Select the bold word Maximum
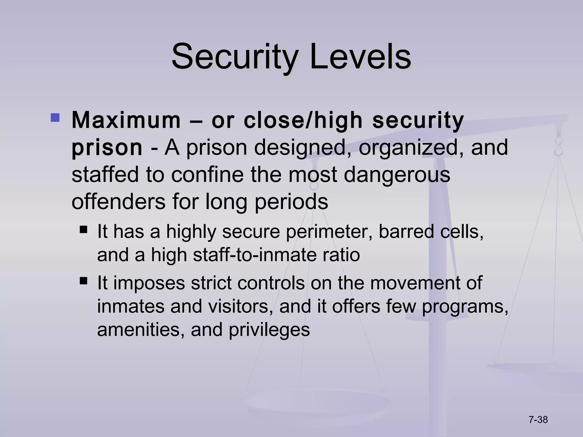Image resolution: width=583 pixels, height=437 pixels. (x=126, y=120)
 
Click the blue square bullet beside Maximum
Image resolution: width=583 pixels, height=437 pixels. (x=55, y=118)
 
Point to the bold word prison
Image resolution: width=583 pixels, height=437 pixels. (x=107, y=148)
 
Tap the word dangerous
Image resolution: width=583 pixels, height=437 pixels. (x=397, y=174)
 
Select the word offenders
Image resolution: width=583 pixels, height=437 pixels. (x=118, y=201)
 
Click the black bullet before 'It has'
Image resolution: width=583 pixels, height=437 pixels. (x=83, y=229)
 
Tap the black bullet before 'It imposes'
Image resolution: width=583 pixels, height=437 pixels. (x=83, y=281)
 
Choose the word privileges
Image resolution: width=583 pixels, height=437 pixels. (x=269, y=330)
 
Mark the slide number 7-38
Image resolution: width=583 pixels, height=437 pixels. (x=538, y=420)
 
